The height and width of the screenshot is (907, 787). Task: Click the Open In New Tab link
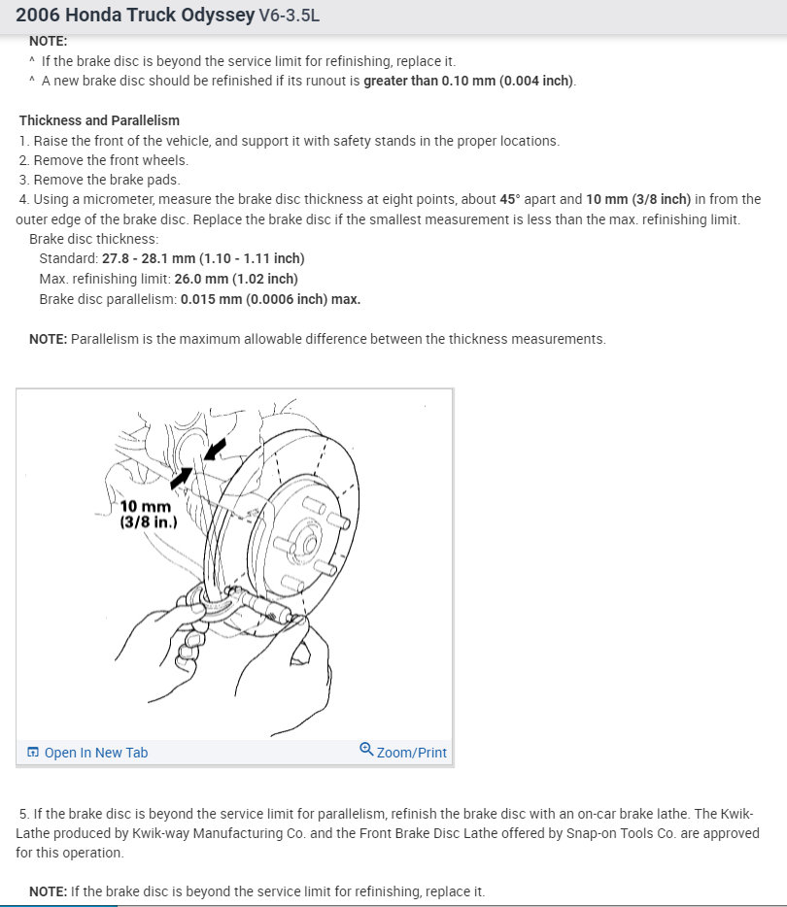point(95,753)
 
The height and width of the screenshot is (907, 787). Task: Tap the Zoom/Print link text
point(411,753)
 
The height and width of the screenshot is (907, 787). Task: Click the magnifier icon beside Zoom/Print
point(366,750)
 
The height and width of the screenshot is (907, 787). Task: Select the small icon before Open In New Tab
point(33,753)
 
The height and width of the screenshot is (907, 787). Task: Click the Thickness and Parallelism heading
point(99,120)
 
